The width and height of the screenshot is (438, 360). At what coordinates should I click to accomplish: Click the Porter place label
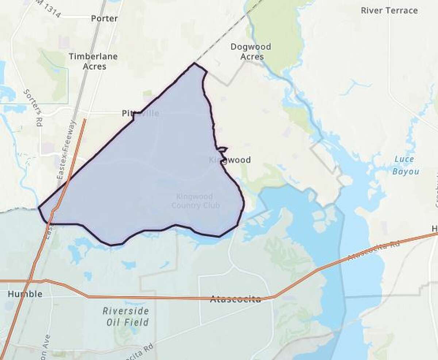104,18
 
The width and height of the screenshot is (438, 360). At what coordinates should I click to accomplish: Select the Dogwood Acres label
251,52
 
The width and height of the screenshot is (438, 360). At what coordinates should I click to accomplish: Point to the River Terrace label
389,10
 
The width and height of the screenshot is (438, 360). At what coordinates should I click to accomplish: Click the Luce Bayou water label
404,165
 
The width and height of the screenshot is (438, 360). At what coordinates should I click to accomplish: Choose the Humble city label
25,294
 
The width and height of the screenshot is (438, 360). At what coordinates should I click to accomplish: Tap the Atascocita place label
236,300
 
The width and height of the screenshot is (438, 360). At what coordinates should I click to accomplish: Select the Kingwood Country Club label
196,201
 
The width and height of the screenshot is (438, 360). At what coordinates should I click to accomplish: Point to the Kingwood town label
230,160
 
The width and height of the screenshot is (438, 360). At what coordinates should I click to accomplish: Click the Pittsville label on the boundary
141,114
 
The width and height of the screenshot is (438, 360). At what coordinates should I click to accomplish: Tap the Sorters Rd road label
32,107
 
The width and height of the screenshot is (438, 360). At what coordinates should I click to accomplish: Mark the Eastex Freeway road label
66,150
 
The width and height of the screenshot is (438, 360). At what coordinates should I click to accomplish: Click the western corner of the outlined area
39,208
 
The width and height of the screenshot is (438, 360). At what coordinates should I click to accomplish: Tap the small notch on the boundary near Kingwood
222,149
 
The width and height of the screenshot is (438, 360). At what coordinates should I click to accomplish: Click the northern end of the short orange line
85,119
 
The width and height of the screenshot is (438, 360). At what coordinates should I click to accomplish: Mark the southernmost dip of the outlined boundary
111,245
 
